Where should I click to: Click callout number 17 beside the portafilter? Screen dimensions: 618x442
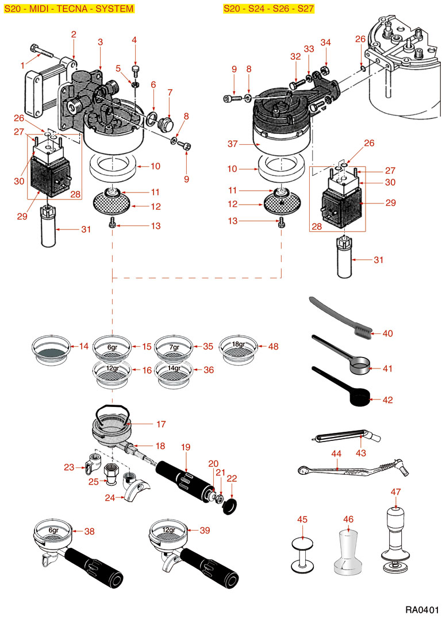click(161, 424)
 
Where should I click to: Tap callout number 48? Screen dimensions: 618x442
click(273, 347)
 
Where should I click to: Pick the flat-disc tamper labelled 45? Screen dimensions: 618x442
click(303, 554)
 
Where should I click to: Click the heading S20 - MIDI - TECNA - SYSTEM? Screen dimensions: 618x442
click(69, 9)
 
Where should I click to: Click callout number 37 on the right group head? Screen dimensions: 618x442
click(233, 143)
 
